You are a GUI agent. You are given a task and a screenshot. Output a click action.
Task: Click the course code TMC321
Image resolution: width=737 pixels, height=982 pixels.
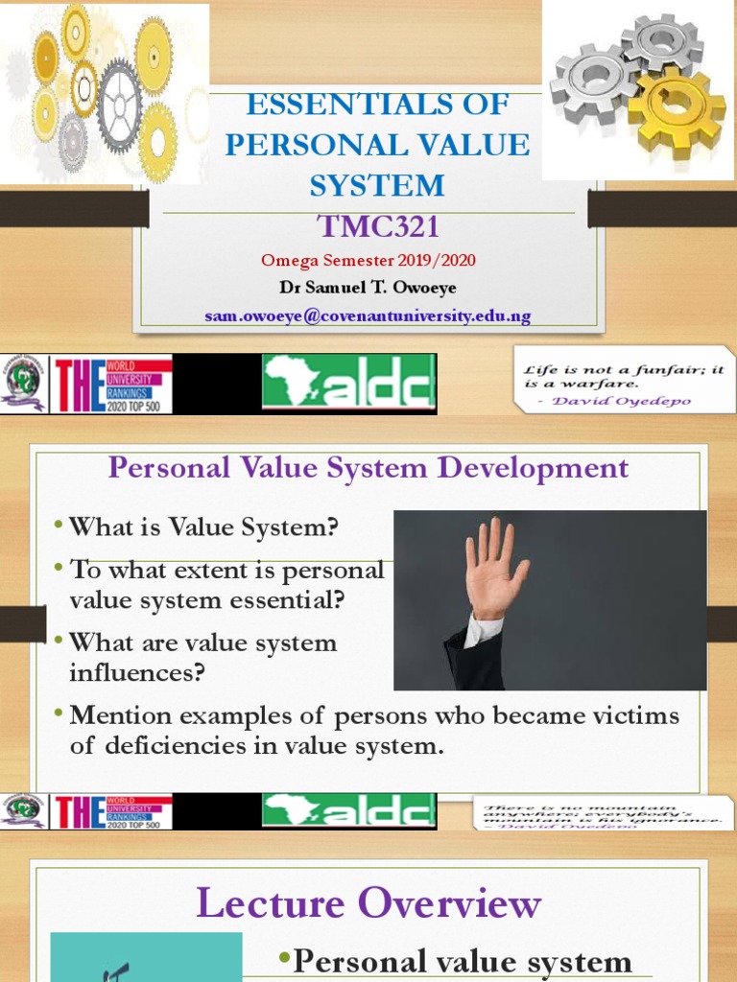tap(377, 227)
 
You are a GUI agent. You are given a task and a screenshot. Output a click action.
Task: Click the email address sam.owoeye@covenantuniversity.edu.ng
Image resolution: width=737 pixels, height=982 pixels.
tap(368, 316)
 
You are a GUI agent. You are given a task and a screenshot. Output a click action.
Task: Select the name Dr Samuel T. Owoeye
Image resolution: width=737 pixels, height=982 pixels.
tap(368, 287)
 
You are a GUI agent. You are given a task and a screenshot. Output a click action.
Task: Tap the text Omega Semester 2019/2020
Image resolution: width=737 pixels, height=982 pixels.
tap(368, 260)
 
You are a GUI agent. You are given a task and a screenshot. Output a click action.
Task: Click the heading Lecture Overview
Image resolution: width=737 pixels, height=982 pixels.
tap(369, 903)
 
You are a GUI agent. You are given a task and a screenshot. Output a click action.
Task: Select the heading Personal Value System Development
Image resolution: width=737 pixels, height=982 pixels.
tap(368, 468)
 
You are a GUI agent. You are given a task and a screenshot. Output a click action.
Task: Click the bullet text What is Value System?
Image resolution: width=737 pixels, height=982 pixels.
tap(204, 526)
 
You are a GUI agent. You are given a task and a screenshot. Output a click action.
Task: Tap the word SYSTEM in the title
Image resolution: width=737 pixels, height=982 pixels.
tap(377, 184)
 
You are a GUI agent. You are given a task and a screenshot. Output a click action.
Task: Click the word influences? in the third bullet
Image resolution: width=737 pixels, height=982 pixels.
tap(137, 672)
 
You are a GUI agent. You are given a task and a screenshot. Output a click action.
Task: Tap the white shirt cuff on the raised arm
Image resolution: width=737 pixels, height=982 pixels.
tap(484, 627)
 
